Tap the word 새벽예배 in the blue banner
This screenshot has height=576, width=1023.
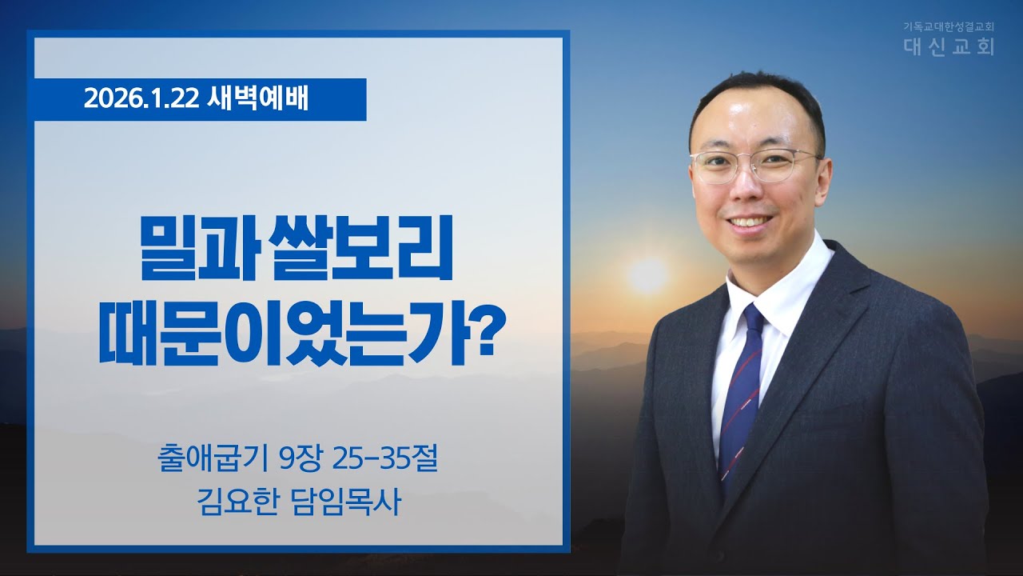click(257, 100)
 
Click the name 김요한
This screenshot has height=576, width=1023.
click(231, 505)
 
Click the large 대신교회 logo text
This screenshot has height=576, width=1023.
click(949, 46)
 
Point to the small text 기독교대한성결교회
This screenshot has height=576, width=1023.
click(948, 26)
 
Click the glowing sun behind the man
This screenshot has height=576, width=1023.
click(647, 275)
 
